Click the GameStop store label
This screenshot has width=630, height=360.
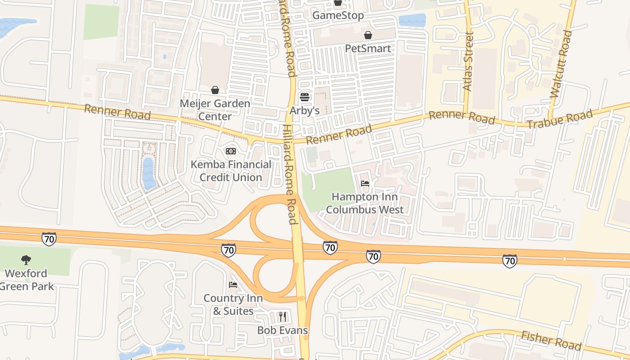click(x=338, y=15)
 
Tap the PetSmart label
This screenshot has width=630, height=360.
click(x=368, y=49)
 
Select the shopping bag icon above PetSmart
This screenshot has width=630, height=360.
click(x=368, y=35)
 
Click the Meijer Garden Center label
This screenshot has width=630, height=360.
click(x=215, y=110)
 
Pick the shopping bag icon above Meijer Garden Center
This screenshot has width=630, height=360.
click(x=215, y=90)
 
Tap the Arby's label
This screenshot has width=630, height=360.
click(x=305, y=111)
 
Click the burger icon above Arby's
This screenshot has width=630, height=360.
click(x=305, y=97)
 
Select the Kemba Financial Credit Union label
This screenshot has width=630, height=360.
click(x=231, y=171)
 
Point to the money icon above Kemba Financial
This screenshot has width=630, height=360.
click(x=231, y=151)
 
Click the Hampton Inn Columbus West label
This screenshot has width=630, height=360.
click(x=365, y=203)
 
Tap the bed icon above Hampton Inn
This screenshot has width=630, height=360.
click(x=365, y=184)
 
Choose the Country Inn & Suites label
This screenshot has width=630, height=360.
click(x=233, y=305)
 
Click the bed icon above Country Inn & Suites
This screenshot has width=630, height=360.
click(x=233, y=285)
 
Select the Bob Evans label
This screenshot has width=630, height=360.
click(x=283, y=330)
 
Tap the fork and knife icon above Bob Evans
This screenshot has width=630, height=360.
click(x=283, y=317)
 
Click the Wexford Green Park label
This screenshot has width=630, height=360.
click(x=27, y=280)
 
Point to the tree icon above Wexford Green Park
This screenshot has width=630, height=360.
click(x=26, y=260)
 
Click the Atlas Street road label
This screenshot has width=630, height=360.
click(x=469, y=62)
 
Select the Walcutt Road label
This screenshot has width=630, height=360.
click(x=560, y=65)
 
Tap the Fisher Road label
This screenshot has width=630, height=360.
click(x=551, y=340)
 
